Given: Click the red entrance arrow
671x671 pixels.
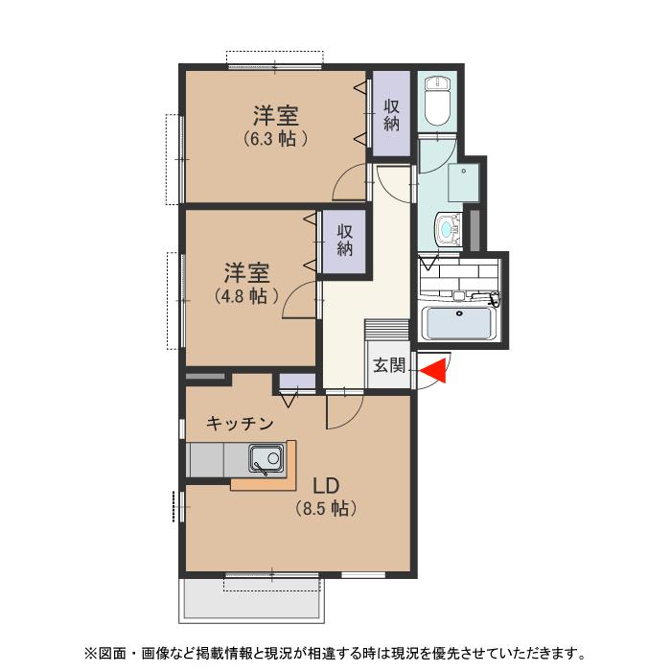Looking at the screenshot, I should (x=436, y=369).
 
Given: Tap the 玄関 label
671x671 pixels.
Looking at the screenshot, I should (x=389, y=365).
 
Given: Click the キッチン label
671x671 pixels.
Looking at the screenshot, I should (x=241, y=423).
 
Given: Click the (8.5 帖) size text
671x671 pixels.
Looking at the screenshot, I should (x=325, y=509).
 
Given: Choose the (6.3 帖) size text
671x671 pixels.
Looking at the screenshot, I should (x=275, y=138).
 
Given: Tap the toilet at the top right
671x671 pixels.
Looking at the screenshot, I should (x=437, y=102).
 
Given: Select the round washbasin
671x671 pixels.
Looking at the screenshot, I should (x=446, y=229).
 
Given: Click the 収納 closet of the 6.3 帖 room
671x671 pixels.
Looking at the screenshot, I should (x=391, y=115).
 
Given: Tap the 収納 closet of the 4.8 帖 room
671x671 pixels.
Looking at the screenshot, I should (x=345, y=243).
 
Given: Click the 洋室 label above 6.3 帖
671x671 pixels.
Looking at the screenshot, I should (x=275, y=117).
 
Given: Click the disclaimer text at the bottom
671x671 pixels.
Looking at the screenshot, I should (x=335, y=654).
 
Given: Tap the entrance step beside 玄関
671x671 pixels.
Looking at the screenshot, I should (x=387, y=329).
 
